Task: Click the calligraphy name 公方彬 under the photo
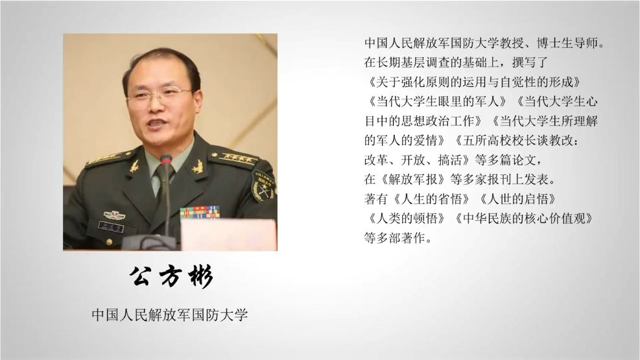(x=171, y=277)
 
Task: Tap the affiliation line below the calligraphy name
(x=170, y=315)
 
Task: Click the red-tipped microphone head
(x=166, y=160)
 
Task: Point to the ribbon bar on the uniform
(x=200, y=212)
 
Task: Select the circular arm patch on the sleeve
(x=263, y=186)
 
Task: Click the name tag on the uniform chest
(x=111, y=226)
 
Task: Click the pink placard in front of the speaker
(x=228, y=235)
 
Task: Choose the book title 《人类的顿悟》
(x=407, y=219)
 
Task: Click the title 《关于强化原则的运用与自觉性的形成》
(x=474, y=82)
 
